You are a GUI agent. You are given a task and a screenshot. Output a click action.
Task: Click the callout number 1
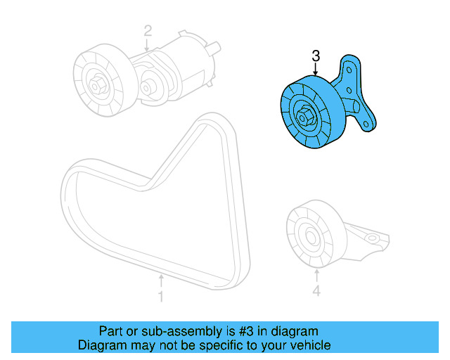[160, 297]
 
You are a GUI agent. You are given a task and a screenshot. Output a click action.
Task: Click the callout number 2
[148, 31]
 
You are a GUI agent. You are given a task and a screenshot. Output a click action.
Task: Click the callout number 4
[316, 291]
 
